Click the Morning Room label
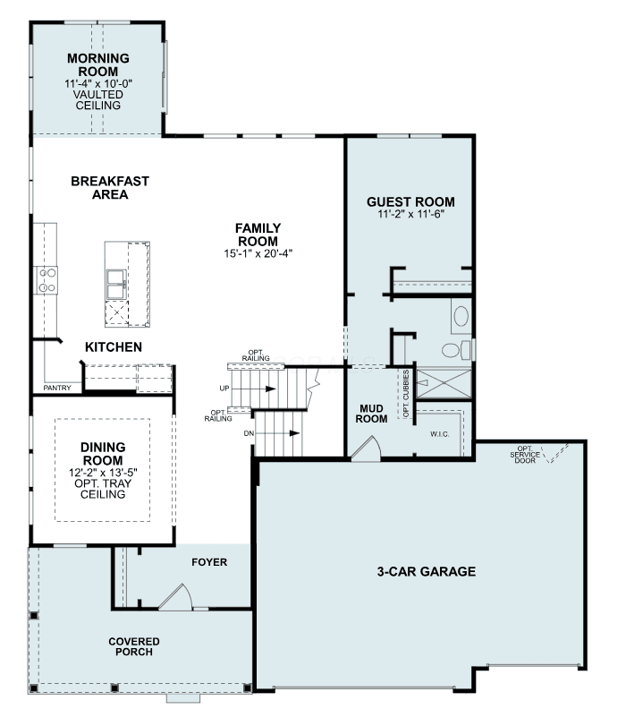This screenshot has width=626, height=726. click(98, 64)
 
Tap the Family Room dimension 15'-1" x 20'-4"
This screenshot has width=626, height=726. click(258, 253)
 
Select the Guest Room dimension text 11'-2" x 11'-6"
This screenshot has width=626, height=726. click(410, 214)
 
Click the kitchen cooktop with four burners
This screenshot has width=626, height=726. click(47, 280)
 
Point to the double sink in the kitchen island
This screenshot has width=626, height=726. click(116, 285)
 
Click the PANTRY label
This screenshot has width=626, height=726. click(57, 388)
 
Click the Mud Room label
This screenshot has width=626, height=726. click(371, 414)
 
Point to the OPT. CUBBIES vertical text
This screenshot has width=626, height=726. click(406, 393)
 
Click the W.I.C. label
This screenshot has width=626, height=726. click(440, 434)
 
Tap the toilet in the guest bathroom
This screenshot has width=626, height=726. click(456, 350)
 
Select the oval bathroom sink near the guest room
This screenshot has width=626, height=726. click(461, 317)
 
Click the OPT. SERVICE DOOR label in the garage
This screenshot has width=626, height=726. click(525, 454)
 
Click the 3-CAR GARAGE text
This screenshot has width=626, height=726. click(426, 571)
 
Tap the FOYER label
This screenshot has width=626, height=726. click(209, 562)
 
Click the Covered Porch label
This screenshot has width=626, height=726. click(134, 646)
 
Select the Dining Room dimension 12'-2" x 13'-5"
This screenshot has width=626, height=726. click(103, 473)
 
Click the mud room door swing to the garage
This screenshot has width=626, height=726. click(367, 448)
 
